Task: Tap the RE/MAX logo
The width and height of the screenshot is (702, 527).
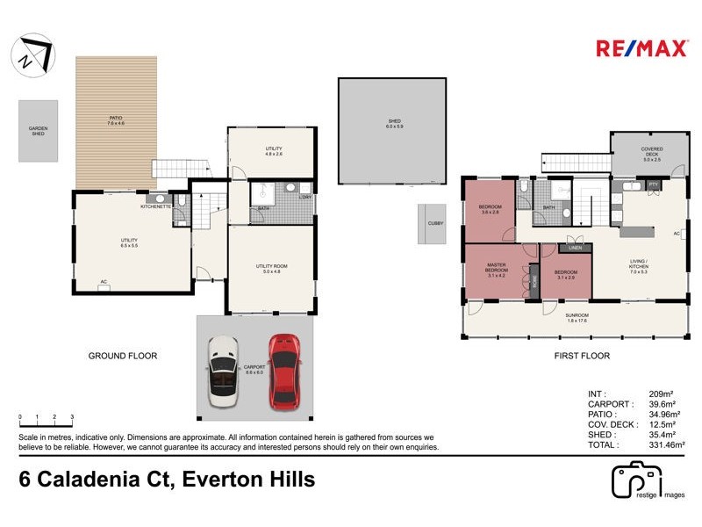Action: pyautogui.click(x=641, y=48)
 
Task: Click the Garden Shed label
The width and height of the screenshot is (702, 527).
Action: pyautogui.click(x=38, y=131)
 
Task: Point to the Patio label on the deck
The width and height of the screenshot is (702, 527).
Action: pyautogui.click(x=115, y=120)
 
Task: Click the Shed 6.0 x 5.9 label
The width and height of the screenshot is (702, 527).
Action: pyautogui.click(x=395, y=124)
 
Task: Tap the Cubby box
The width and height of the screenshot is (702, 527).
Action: pyautogui.click(x=436, y=223)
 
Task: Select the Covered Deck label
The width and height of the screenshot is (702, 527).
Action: pyautogui.click(x=651, y=154)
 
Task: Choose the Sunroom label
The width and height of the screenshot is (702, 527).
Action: pyautogui.click(x=577, y=318)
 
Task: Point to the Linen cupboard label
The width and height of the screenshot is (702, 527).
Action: pyautogui.click(x=575, y=248)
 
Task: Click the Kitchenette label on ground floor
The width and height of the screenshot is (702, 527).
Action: pyautogui.click(x=154, y=206)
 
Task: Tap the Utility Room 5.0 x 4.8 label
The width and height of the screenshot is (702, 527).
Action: pyautogui.click(x=272, y=269)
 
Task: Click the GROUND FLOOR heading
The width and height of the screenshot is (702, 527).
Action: pyautogui.click(x=122, y=356)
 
